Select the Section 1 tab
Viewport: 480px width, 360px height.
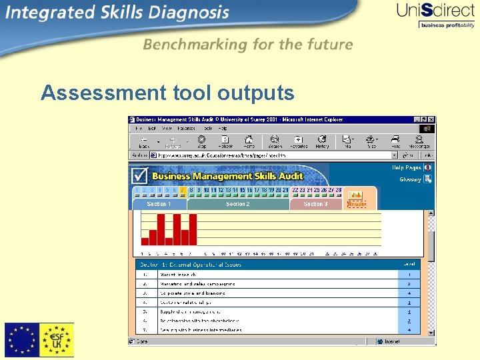[159, 204]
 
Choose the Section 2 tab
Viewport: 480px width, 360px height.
[238, 204]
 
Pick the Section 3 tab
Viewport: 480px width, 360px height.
[316, 204]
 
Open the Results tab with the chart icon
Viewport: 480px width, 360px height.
[357, 199]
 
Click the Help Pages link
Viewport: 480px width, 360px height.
[406, 168]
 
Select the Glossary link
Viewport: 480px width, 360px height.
[410, 179]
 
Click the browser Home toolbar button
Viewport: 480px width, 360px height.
[249, 142]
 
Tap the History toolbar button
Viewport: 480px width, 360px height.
[322, 142]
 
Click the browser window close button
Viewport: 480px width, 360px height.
[431, 119]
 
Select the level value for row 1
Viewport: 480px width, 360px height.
[409, 274]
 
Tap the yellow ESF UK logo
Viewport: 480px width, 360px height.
[57, 340]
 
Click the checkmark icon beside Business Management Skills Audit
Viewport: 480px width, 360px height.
[139, 175]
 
